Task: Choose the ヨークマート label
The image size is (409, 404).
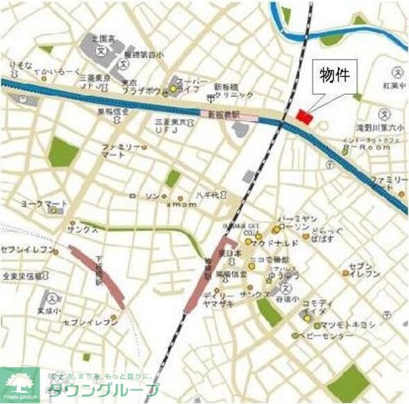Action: tap(44, 204)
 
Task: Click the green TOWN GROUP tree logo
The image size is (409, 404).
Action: tap(20, 384)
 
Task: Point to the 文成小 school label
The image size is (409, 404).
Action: tap(44, 310)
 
